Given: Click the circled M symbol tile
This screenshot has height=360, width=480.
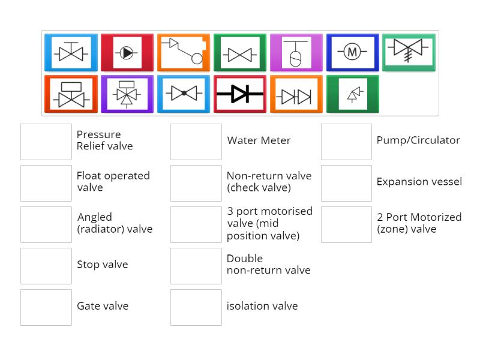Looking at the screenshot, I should coord(352,53).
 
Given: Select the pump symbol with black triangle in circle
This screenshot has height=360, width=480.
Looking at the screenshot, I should coord(127,53).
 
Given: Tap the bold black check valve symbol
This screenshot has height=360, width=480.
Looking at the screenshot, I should coord(240,94).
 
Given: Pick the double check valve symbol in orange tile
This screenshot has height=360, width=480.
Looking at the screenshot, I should coord(296,94).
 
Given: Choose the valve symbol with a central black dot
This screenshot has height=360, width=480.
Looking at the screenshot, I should coord(184,94).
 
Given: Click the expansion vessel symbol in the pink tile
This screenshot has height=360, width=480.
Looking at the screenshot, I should coord(296,53).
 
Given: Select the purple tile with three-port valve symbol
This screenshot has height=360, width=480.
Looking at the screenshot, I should coord(127,94).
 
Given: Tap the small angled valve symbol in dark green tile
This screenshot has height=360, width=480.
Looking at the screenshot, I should coord(353,94).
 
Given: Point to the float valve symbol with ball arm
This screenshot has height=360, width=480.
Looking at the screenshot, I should coord(184,53).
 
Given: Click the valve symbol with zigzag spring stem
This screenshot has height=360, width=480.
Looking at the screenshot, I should coord(409,53).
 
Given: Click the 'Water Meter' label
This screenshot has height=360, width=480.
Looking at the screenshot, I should coord(259,140).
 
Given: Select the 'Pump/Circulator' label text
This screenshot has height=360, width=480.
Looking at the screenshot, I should coord(418,140).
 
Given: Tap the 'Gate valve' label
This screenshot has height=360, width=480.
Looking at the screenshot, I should coord(103,306).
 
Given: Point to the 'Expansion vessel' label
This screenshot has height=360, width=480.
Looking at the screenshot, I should coord(419,182).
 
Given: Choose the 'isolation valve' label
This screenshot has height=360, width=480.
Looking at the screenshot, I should coord(262,306).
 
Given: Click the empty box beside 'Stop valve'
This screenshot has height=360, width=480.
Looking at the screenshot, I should coord(46,266).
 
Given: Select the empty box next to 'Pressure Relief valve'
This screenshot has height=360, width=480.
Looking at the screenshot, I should coord(46,142).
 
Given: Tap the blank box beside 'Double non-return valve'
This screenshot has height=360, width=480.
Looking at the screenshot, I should coord(196,266).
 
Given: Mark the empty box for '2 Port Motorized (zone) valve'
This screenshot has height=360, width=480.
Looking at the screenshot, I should coord(346,224).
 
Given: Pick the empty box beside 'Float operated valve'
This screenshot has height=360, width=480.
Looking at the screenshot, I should coord(46,183).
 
